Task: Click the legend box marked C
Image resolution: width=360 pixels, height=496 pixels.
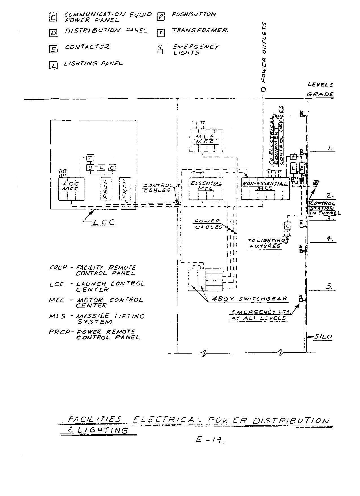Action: [53, 18]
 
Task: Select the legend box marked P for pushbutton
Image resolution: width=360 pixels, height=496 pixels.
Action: [161, 17]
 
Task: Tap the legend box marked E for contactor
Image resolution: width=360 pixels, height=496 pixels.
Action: [53, 49]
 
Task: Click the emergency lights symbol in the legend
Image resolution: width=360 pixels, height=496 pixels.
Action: [160, 50]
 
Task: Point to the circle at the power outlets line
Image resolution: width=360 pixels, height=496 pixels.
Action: [263, 89]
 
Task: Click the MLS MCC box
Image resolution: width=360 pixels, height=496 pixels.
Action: [206, 140]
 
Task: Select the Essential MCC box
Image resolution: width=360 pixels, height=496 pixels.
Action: [205, 189]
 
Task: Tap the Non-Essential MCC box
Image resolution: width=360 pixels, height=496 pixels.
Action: [265, 188]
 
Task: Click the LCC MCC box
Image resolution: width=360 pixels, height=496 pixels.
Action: [71, 189]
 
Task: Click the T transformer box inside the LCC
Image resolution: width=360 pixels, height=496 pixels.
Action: [90, 157]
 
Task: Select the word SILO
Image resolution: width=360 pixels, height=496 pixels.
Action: [323, 337]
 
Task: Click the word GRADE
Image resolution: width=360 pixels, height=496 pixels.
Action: [320, 94]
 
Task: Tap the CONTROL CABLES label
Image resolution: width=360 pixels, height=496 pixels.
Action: [157, 188]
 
